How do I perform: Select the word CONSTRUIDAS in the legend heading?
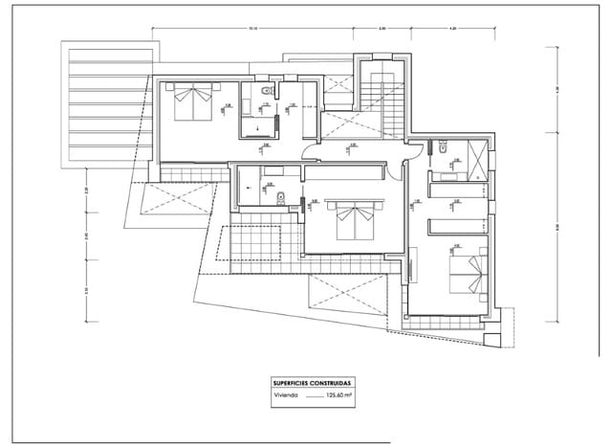332,382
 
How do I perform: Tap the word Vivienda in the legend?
285,393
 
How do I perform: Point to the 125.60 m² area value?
339,393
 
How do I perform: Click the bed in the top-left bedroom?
193,101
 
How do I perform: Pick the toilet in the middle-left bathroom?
278,198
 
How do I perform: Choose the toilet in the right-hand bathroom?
446,149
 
